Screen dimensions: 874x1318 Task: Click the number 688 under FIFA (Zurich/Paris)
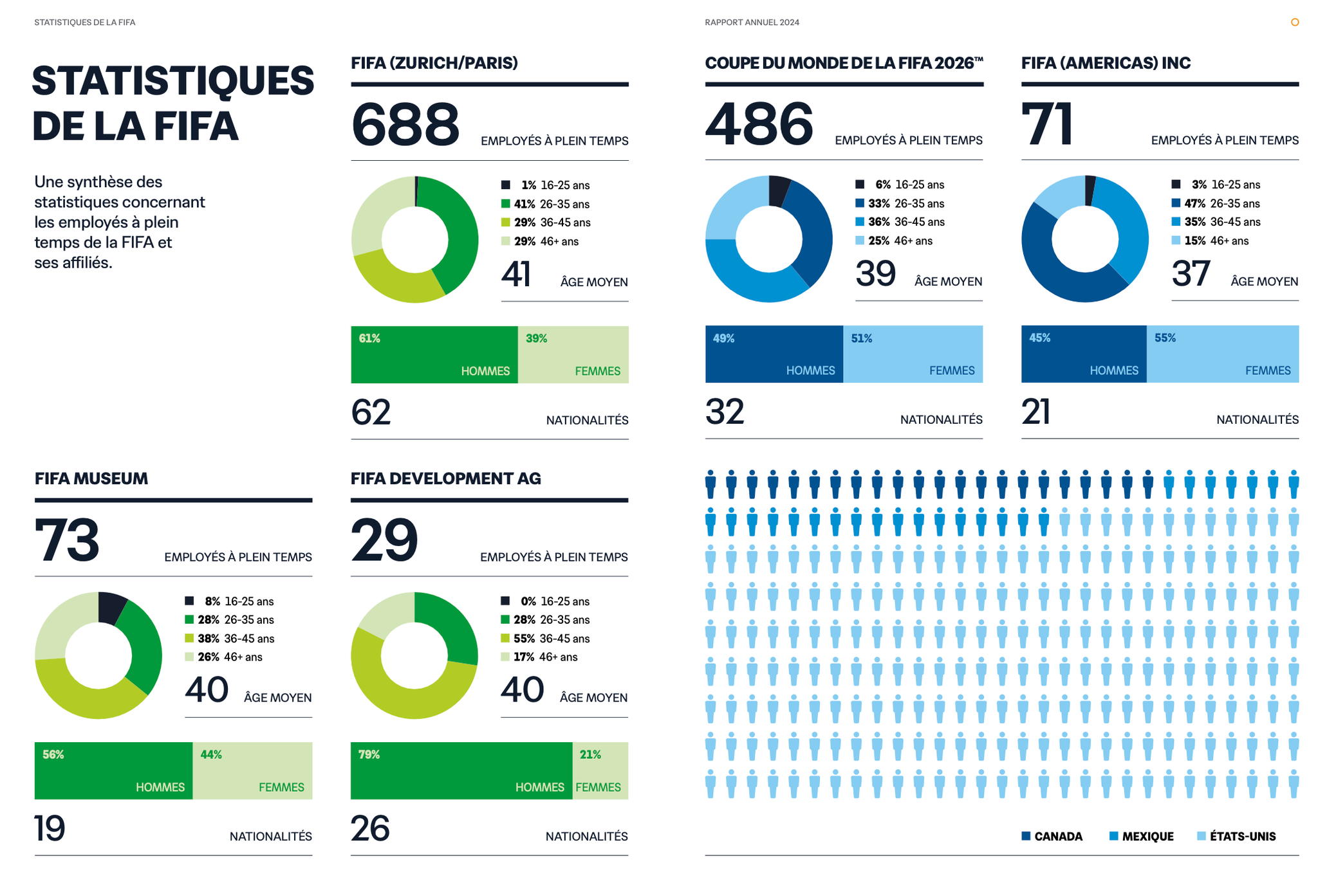pos(405,124)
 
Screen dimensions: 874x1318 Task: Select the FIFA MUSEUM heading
pos(91,478)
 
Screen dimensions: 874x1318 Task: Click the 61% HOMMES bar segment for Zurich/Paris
pos(434,354)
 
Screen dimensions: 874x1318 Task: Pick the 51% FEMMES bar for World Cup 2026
pos(913,354)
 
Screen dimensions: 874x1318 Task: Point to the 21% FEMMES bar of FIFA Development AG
pos(600,770)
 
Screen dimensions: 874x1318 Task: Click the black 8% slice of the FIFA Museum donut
pos(111,606)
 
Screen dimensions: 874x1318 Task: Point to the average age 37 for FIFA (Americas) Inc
pos(1191,273)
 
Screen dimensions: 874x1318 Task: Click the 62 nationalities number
pos(371,412)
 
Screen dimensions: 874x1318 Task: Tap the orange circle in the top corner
pos(1295,23)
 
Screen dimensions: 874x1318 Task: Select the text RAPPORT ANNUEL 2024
pos(752,23)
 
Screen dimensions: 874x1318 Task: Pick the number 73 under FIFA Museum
pos(67,540)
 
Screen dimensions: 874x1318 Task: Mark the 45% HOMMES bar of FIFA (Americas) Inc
pos(1083,354)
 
